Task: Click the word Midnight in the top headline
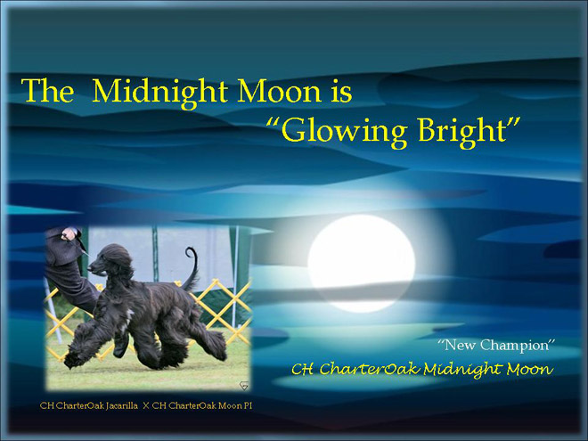[x=159, y=93]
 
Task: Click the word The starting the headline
[x=47, y=90]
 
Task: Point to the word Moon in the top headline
[x=279, y=91]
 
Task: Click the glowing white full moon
[x=361, y=263]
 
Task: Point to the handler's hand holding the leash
[x=69, y=234]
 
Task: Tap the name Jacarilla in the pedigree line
[x=122, y=405]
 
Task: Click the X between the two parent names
[x=146, y=405]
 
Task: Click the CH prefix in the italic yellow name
[x=302, y=370]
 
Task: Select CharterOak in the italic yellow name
[x=370, y=370]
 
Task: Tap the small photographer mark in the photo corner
[x=244, y=386]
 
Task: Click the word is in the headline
[x=341, y=92]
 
